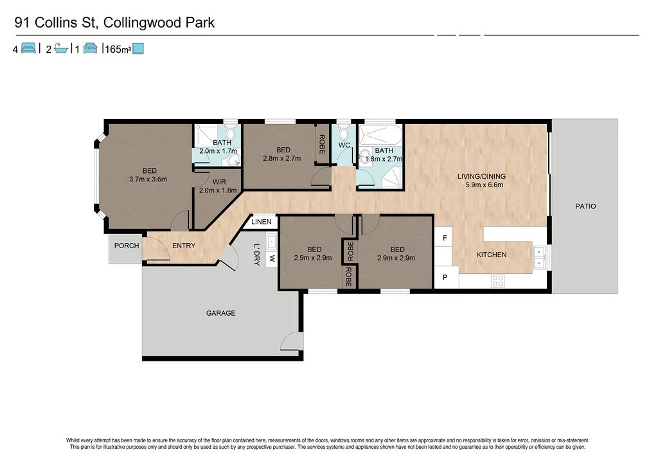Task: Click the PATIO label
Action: (x=585, y=206)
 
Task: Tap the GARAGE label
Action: (x=220, y=313)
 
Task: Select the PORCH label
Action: (x=127, y=246)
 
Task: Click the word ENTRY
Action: (x=184, y=246)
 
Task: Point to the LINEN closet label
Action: (x=262, y=222)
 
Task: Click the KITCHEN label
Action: (x=491, y=255)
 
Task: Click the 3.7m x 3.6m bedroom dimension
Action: (x=150, y=179)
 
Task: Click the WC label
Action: (x=344, y=145)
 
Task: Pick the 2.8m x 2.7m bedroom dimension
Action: (x=282, y=158)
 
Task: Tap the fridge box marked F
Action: (x=445, y=238)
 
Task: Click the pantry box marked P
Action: (x=445, y=277)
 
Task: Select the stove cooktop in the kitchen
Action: (x=497, y=280)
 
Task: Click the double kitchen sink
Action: (x=538, y=257)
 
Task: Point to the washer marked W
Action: (x=271, y=259)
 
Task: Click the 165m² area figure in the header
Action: (x=116, y=48)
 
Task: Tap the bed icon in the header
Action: (x=28, y=48)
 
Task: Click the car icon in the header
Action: (x=90, y=48)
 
